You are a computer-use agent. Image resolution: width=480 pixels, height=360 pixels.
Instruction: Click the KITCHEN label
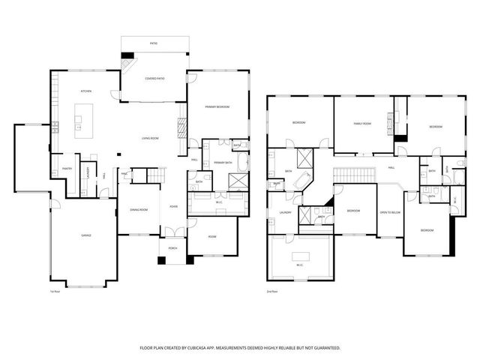(86, 91)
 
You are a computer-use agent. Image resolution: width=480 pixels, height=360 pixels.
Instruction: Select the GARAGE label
(86, 235)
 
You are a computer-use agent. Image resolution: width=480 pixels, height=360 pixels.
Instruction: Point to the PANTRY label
(67, 169)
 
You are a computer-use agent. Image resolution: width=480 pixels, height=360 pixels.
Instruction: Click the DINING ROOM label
(138, 209)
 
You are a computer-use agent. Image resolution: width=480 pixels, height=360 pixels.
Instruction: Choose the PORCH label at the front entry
(172, 249)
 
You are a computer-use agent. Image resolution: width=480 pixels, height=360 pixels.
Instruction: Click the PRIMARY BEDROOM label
(217, 107)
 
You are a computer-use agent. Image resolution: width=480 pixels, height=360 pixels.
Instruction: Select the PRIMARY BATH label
(223, 163)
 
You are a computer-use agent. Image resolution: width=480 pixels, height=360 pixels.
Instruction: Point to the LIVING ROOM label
(150, 139)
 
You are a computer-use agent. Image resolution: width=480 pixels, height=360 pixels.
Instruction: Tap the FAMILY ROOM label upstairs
(362, 123)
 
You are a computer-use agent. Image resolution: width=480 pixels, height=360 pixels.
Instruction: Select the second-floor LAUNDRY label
(285, 212)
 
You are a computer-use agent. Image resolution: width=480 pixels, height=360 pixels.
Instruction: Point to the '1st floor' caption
(54, 292)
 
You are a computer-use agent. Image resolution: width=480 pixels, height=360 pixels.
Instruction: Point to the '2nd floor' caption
(271, 292)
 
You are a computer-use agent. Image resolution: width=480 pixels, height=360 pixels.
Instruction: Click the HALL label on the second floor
(391, 167)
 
